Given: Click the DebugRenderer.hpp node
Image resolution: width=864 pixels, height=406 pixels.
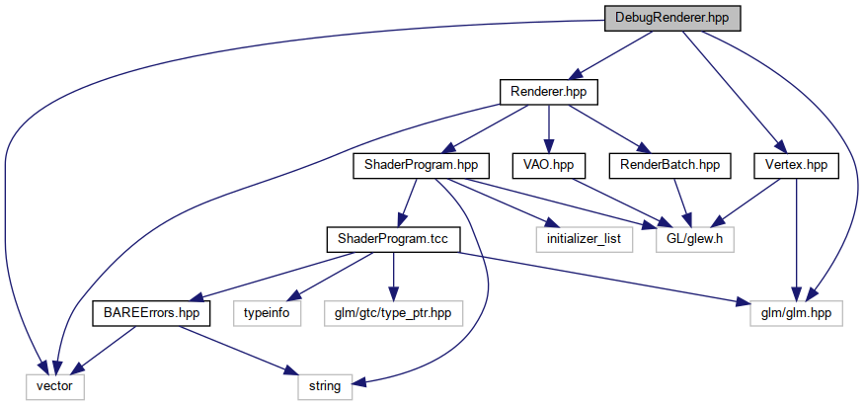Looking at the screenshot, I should (671, 18).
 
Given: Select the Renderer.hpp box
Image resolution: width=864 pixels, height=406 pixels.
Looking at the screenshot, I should (549, 92).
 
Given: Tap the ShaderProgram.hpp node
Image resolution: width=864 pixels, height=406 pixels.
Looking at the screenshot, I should (414, 165).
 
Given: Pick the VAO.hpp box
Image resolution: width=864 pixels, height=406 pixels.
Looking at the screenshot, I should (549, 165).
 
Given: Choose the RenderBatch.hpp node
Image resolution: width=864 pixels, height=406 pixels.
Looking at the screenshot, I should (669, 165).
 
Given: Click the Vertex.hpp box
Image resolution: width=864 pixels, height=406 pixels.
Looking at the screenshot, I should (796, 165).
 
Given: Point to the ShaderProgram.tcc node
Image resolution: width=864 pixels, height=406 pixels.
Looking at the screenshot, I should (393, 239).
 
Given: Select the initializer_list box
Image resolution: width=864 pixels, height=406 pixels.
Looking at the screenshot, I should (586, 239).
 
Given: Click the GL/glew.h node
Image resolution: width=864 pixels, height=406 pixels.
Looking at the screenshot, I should (696, 239).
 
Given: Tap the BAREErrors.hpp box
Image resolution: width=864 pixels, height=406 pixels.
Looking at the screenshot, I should (146, 313).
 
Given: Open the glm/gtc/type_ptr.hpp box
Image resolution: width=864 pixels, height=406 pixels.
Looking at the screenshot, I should (393, 313).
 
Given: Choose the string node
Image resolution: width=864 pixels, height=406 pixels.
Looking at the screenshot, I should (324, 386).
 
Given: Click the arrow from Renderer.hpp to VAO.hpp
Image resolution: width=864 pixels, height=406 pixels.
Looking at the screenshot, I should (549, 128).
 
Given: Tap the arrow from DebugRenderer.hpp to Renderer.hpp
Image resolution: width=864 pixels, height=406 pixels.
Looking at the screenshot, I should (612, 54).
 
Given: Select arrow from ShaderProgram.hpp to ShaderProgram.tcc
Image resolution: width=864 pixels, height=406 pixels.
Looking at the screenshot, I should (404, 203).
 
